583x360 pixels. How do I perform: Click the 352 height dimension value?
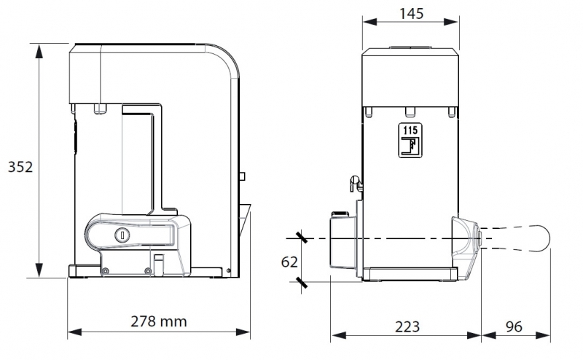(x=20, y=167)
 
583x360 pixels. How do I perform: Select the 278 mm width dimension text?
(x=159, y=321)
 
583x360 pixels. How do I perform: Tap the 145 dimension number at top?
(x=411, y=14)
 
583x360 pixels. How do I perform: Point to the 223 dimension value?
(x=407, y=327)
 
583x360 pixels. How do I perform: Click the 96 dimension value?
(x=514, y=326)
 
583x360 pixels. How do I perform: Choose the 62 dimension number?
(x=289, y=262)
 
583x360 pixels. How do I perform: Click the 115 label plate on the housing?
(x=410, y=140)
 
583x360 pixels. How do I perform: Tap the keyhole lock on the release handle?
(x=122, y=235)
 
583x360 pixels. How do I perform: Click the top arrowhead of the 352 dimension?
(x=39, y=50)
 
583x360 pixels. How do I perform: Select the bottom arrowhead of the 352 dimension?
(x=39, y=270)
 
